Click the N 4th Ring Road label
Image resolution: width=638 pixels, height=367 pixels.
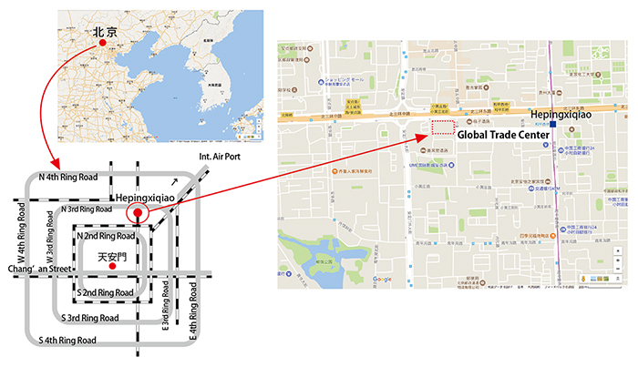pyautogui.click(x=67, y=176)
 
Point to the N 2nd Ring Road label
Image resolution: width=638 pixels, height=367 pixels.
pyautogui.click(x=107, y=236)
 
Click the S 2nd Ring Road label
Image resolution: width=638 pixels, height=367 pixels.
pyautogui.click(x=107, y=291)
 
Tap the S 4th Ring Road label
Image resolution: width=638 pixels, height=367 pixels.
pyautogui.click(x=67, y=340)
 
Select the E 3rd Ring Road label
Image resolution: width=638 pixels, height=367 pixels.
pyautogui.click(x=166, y=311)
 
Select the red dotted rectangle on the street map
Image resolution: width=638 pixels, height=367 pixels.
pyautogui.click(x=443, y=127)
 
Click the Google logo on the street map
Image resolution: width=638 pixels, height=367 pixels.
pyautogui.click(x=383, y=279)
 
